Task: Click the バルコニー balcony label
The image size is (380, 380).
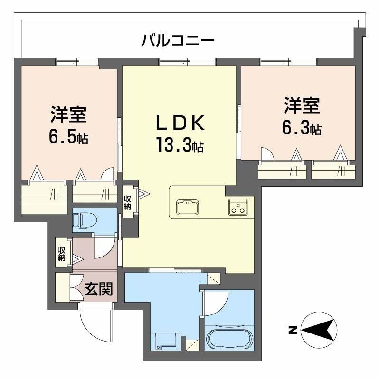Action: tap(178, 40)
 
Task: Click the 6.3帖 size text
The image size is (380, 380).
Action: tap(302, 127)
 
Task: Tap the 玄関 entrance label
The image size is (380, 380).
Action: tap(99, 289)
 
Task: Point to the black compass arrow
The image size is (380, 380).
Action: tap(318, 329)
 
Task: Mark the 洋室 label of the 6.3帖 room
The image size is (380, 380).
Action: tap(302, 106)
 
